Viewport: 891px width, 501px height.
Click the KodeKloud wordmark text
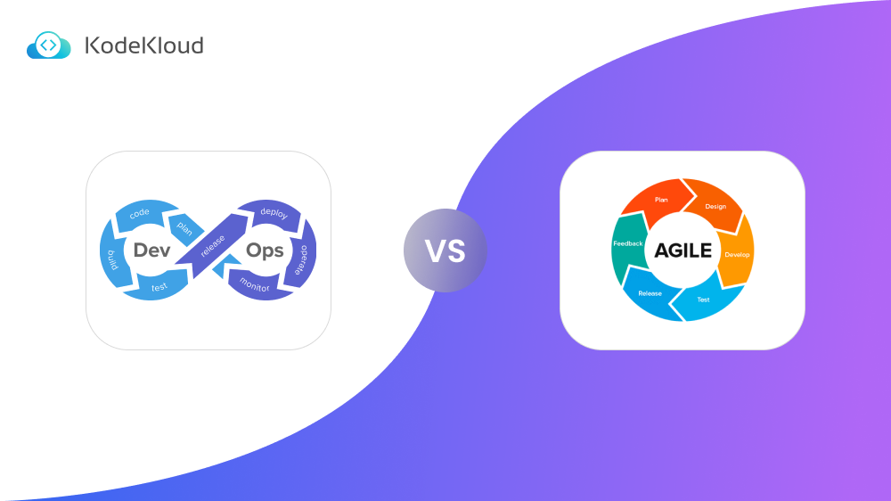(143, 45)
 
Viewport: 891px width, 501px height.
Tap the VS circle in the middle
(445, 250)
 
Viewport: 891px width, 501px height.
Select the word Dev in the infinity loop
(151, 250)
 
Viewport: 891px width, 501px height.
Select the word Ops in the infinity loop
(265, 250)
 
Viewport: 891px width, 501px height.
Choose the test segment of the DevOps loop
(159, 286)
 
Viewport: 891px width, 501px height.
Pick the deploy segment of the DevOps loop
(273, 214)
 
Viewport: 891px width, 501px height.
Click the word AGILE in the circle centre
(683, 250)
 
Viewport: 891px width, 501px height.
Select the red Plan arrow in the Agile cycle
(659, 200)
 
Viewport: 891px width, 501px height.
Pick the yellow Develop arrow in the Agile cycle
(737, 254)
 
